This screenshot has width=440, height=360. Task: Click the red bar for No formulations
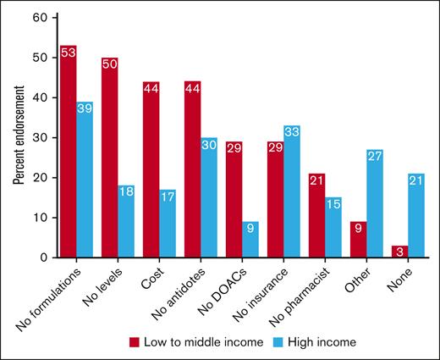69,152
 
